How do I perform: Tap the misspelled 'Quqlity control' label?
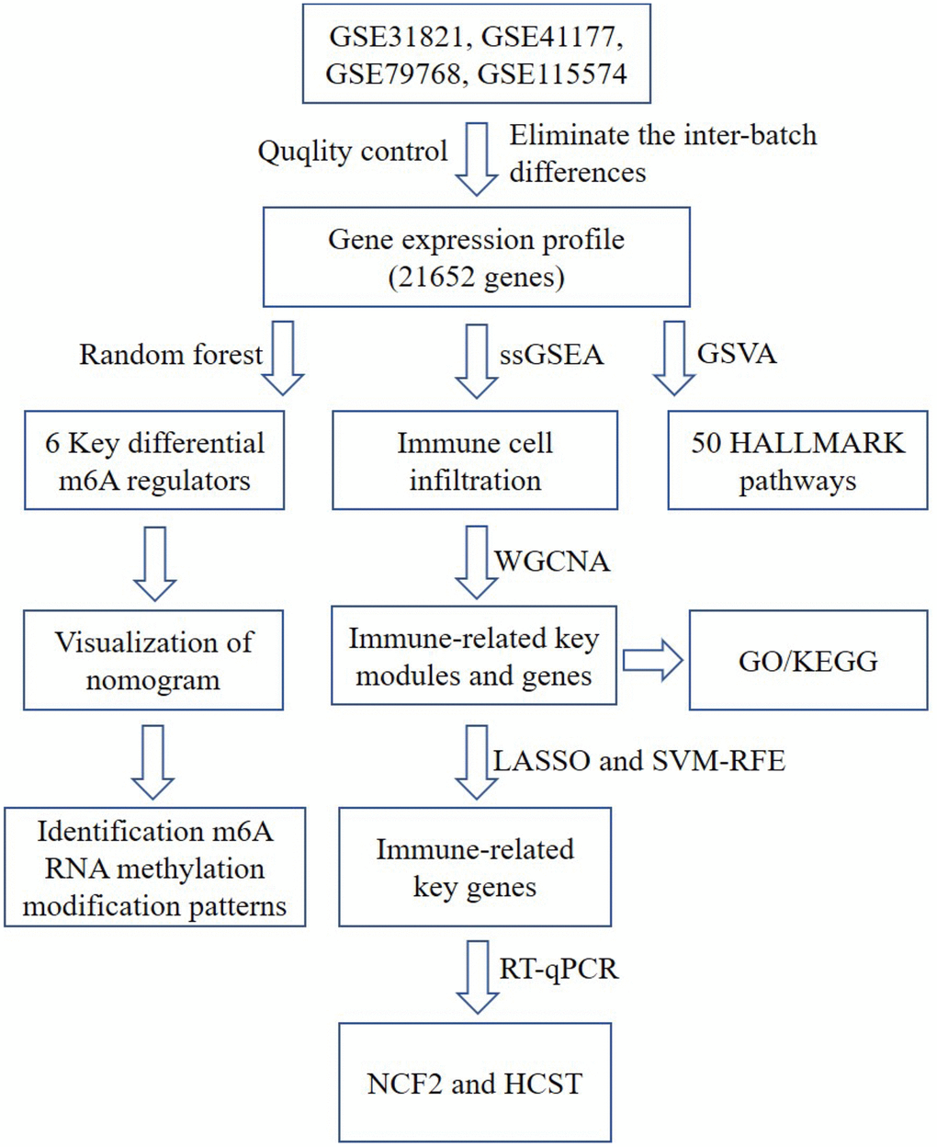(352, 152)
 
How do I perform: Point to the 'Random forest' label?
(171, 355)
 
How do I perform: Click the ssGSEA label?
(551, 355)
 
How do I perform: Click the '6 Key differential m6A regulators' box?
(154, 460)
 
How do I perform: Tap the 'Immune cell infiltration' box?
(474, 460)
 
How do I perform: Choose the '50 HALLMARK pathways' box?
(797, 460)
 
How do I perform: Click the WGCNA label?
(552, 561)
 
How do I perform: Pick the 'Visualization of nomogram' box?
(153, 660)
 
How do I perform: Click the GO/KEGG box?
(807, 660)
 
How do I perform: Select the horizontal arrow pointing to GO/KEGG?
(652, 660)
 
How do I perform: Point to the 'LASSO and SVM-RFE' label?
(639, 760)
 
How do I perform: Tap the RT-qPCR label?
(559, 969)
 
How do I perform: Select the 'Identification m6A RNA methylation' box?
(154, 869)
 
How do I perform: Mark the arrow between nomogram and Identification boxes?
(153, 761)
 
